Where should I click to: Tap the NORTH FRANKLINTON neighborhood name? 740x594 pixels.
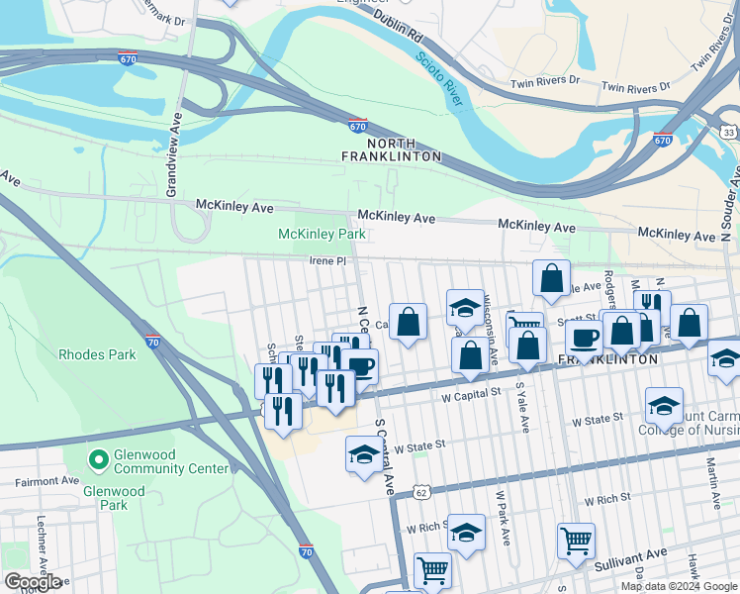[x=391, y=149]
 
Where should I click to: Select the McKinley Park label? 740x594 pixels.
[x=322, y=235]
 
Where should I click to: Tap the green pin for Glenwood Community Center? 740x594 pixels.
[x=98, y=458]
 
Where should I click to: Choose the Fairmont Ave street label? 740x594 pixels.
[x=46, y=482]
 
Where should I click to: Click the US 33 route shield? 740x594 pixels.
[x=728, y=132]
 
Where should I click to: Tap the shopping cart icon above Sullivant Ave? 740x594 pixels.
[x=576, y=541]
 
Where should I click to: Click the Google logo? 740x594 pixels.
[x=33, y=582]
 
